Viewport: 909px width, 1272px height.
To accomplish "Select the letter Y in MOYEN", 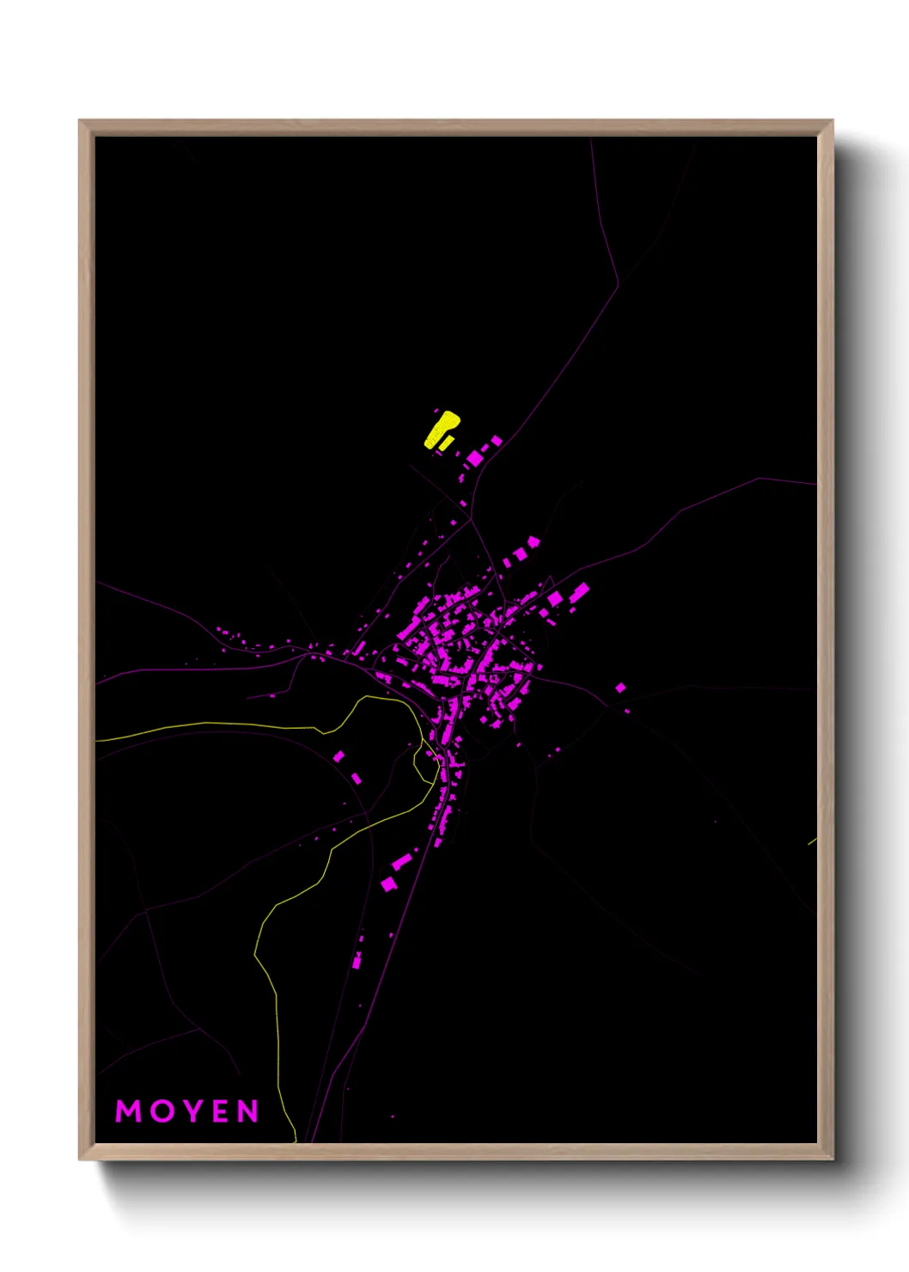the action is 190,1111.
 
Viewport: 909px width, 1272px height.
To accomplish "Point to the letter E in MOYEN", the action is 218,1111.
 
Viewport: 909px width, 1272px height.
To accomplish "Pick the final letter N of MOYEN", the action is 247,1111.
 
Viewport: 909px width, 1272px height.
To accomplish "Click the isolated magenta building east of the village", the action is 620,688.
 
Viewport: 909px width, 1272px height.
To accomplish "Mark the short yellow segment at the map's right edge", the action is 812,841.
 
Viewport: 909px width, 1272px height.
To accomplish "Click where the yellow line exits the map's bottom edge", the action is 296,1141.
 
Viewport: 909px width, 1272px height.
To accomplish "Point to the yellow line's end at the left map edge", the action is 97,740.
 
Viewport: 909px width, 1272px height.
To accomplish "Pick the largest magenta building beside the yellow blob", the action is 475,458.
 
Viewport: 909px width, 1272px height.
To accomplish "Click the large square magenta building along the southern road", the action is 388,884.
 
